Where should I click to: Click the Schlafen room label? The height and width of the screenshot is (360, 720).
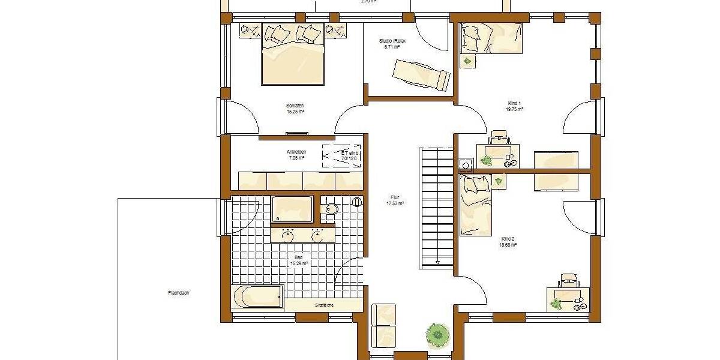click(295, 109)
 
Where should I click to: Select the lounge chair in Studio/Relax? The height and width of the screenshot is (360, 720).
click(421, 76)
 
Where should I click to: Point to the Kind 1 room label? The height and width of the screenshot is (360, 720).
click(515, 106)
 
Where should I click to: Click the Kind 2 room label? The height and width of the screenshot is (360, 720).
click(508, 242)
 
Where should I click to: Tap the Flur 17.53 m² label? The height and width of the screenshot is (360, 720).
click(395, 200)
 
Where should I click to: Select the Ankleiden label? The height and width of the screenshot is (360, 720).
click(296, 155)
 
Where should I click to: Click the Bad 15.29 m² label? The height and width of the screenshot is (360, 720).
click(299, 260)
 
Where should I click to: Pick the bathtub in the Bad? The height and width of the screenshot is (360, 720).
click(257, 296)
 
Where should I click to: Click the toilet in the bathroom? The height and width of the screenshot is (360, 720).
click(329, 209)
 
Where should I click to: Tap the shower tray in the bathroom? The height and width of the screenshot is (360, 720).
click(292, 209)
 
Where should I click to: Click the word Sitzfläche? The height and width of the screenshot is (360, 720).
click(324, 305)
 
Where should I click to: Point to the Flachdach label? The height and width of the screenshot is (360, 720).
click(178, 293)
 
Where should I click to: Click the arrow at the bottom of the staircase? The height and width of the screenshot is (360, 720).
click(438, 262)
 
